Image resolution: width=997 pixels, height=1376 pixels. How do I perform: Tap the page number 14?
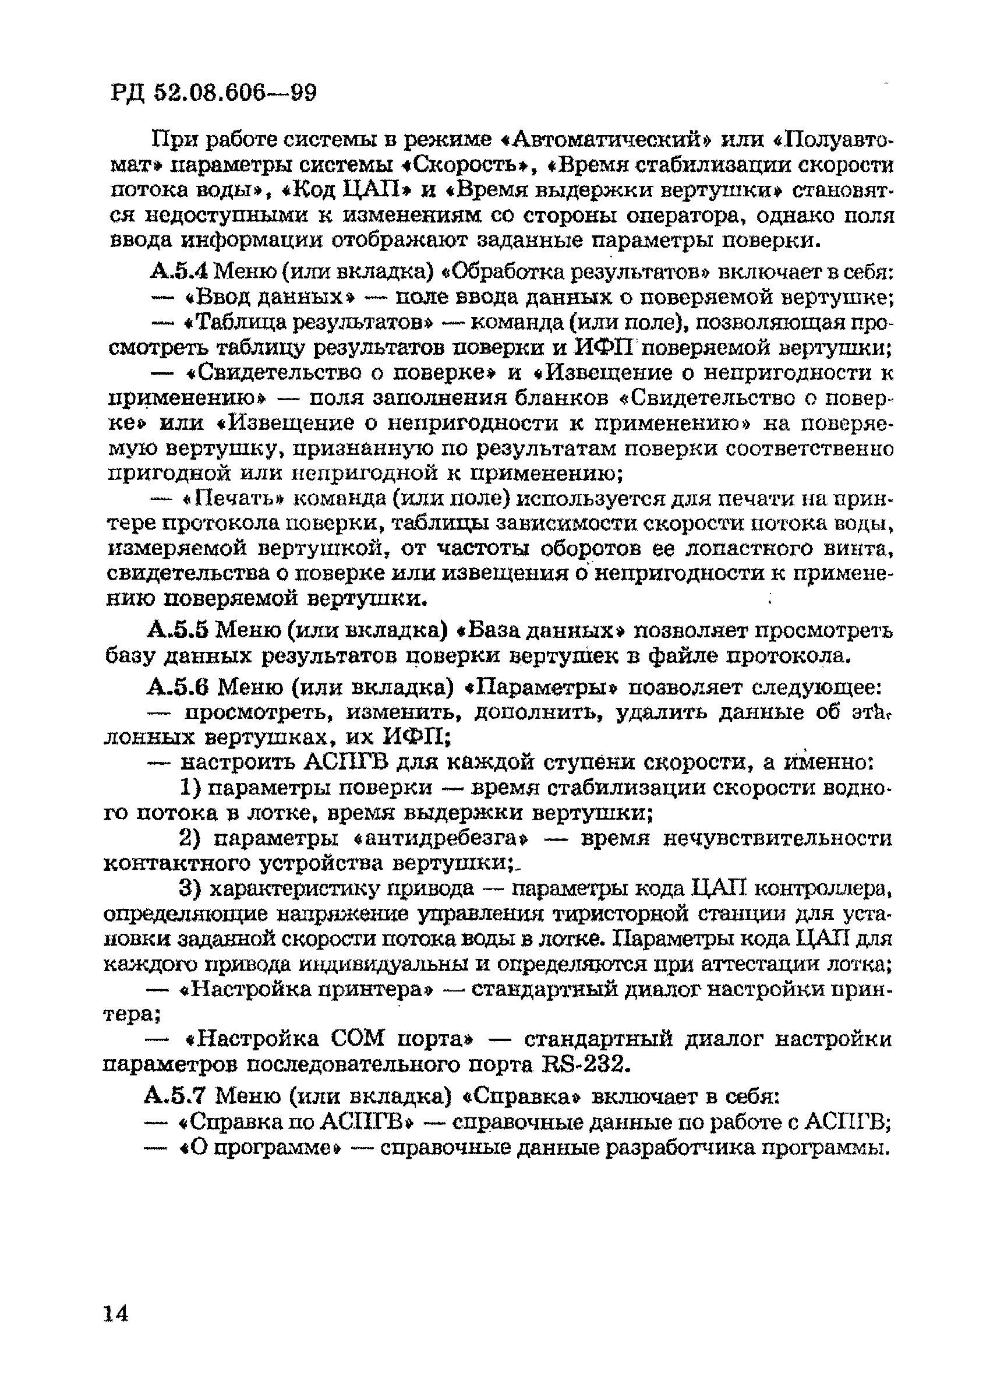pos(116,1314)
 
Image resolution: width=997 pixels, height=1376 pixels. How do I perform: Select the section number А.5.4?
pos(178,271)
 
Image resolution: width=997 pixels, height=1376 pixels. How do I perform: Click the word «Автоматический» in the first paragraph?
pos(607,140)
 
